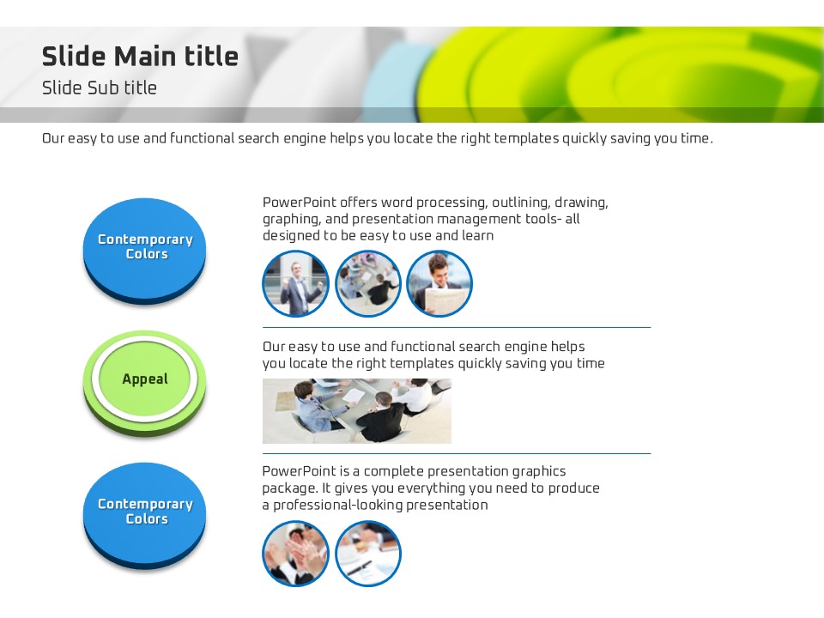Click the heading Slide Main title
[x=140, y=57]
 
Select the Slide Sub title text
[x=100, y=88]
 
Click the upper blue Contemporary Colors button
[x=144, y=250]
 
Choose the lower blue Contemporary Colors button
[x=144, y=515]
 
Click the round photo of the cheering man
[x=295, y=284]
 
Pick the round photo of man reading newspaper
[x=439, y=284]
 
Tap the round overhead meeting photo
[x=368, y=284]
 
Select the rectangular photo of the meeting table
[x=357, y=411]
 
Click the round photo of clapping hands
[x=295, y=554]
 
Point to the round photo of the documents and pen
[x=368, y=554]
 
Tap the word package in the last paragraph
[x=289, y=489]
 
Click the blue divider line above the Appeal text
[x=457, y=327]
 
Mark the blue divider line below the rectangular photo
[x=457, y=453]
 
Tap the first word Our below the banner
[x=53, y=139]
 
